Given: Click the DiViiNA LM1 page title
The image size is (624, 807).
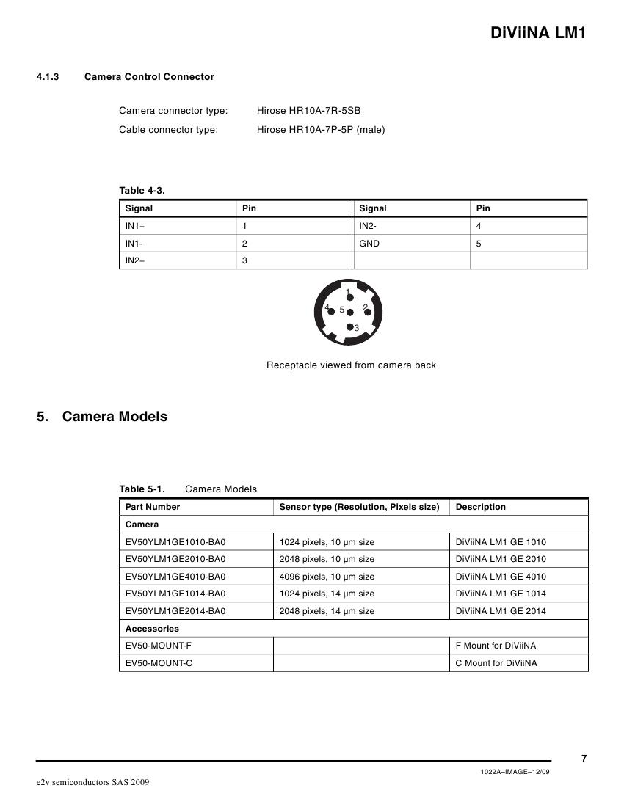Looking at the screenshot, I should point(537,33).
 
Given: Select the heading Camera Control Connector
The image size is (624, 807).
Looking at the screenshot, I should point(149,76).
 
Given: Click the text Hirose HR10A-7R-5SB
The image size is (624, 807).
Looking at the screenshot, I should point(308,111).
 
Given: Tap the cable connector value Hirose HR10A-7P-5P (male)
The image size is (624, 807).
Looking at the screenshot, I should point(321,130).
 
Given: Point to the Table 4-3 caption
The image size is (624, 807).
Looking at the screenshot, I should point(142,191).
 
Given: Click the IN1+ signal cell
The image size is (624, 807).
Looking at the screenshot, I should point(135,226).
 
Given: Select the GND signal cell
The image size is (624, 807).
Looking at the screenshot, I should point(369,243).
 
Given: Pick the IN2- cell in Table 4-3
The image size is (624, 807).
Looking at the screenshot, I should point(369,226).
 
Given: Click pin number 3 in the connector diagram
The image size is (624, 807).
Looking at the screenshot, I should point(356,328).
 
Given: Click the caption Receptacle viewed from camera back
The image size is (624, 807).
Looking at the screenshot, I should point(351,365).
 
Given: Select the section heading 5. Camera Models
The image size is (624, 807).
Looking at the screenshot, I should point(102,417).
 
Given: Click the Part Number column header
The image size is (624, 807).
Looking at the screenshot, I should point(153,507).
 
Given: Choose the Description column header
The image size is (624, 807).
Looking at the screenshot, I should point(481,507).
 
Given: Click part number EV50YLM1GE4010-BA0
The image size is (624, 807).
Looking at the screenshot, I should point(175,577).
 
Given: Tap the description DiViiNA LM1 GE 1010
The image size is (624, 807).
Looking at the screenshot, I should point(501,542).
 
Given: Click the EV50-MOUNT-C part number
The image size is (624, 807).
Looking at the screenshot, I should point(159,663).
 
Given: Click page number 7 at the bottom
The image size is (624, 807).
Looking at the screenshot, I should point(584,759).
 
